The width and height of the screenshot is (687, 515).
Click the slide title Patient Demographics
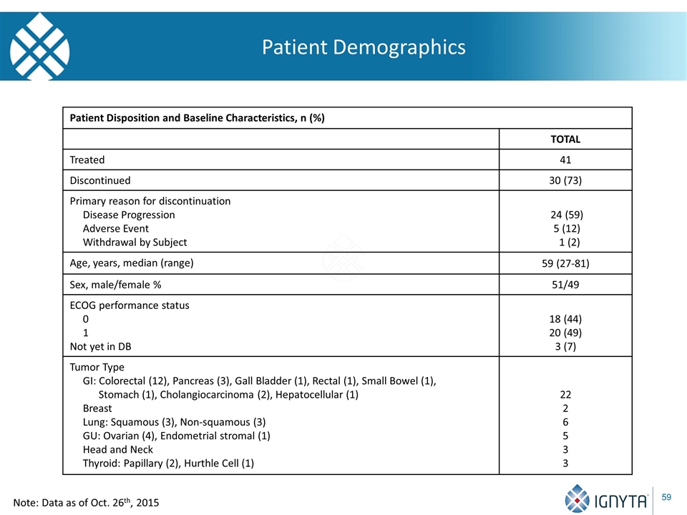tap(364, 47)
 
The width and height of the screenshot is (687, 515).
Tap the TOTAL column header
tap(565, 139)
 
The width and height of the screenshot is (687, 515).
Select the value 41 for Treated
tap(565, 160)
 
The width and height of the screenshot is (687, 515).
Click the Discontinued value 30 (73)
tap(565, 180)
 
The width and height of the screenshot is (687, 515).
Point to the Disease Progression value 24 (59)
tap(567, 215)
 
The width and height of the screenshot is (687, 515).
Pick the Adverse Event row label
tap(116, 229)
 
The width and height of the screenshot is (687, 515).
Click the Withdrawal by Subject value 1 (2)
tap(569, 242)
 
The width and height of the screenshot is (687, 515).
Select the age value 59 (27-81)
tap(565, 263)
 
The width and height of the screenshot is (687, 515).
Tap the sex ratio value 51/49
tap(565, 285)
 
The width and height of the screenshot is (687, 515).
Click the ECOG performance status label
tap(130, 305)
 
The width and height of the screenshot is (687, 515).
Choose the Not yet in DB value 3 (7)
tap(565, 346)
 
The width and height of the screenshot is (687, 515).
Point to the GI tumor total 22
tap(565, 395)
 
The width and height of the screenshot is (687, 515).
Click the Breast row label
tap(97, 408)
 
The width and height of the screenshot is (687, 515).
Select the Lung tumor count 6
tap(565, 422)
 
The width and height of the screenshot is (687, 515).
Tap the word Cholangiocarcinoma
tap(207, 395)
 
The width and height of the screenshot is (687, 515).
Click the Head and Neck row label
tap(118, 449)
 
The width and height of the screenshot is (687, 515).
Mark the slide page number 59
tap(666, 497)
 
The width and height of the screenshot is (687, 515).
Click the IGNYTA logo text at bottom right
tap(620, 501)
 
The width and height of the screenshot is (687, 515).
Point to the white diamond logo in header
tap(39, 46)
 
